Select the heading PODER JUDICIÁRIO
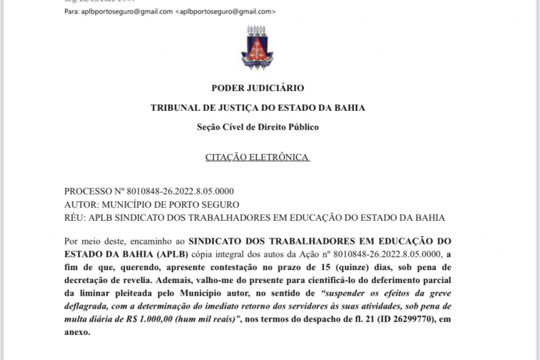(257, 88)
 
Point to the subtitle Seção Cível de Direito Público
(257, 127)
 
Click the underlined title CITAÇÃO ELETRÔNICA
(257, 157)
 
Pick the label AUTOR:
(80, 205)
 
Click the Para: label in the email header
(72, 11)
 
